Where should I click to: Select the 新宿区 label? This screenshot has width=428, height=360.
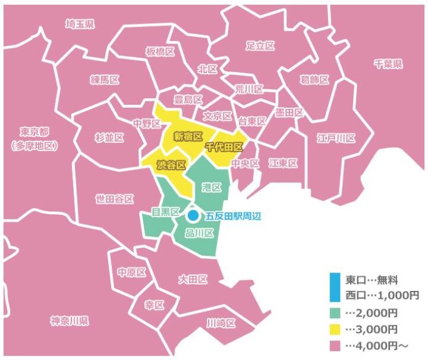pos(188,136)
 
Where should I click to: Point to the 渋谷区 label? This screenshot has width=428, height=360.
pos(171,165)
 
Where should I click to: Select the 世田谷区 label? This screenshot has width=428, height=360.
pos(114,199)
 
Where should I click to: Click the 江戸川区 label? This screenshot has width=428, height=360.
pos(337,138)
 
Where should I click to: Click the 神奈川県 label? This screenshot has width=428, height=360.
pos(70,321)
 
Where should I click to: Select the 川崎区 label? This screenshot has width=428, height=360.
pos(221,323)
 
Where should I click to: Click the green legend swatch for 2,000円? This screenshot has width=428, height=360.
pos(335,313)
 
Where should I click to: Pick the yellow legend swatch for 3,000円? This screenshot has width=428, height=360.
pos(335,329)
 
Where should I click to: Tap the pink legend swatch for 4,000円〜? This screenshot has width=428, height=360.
pos(335,345)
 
